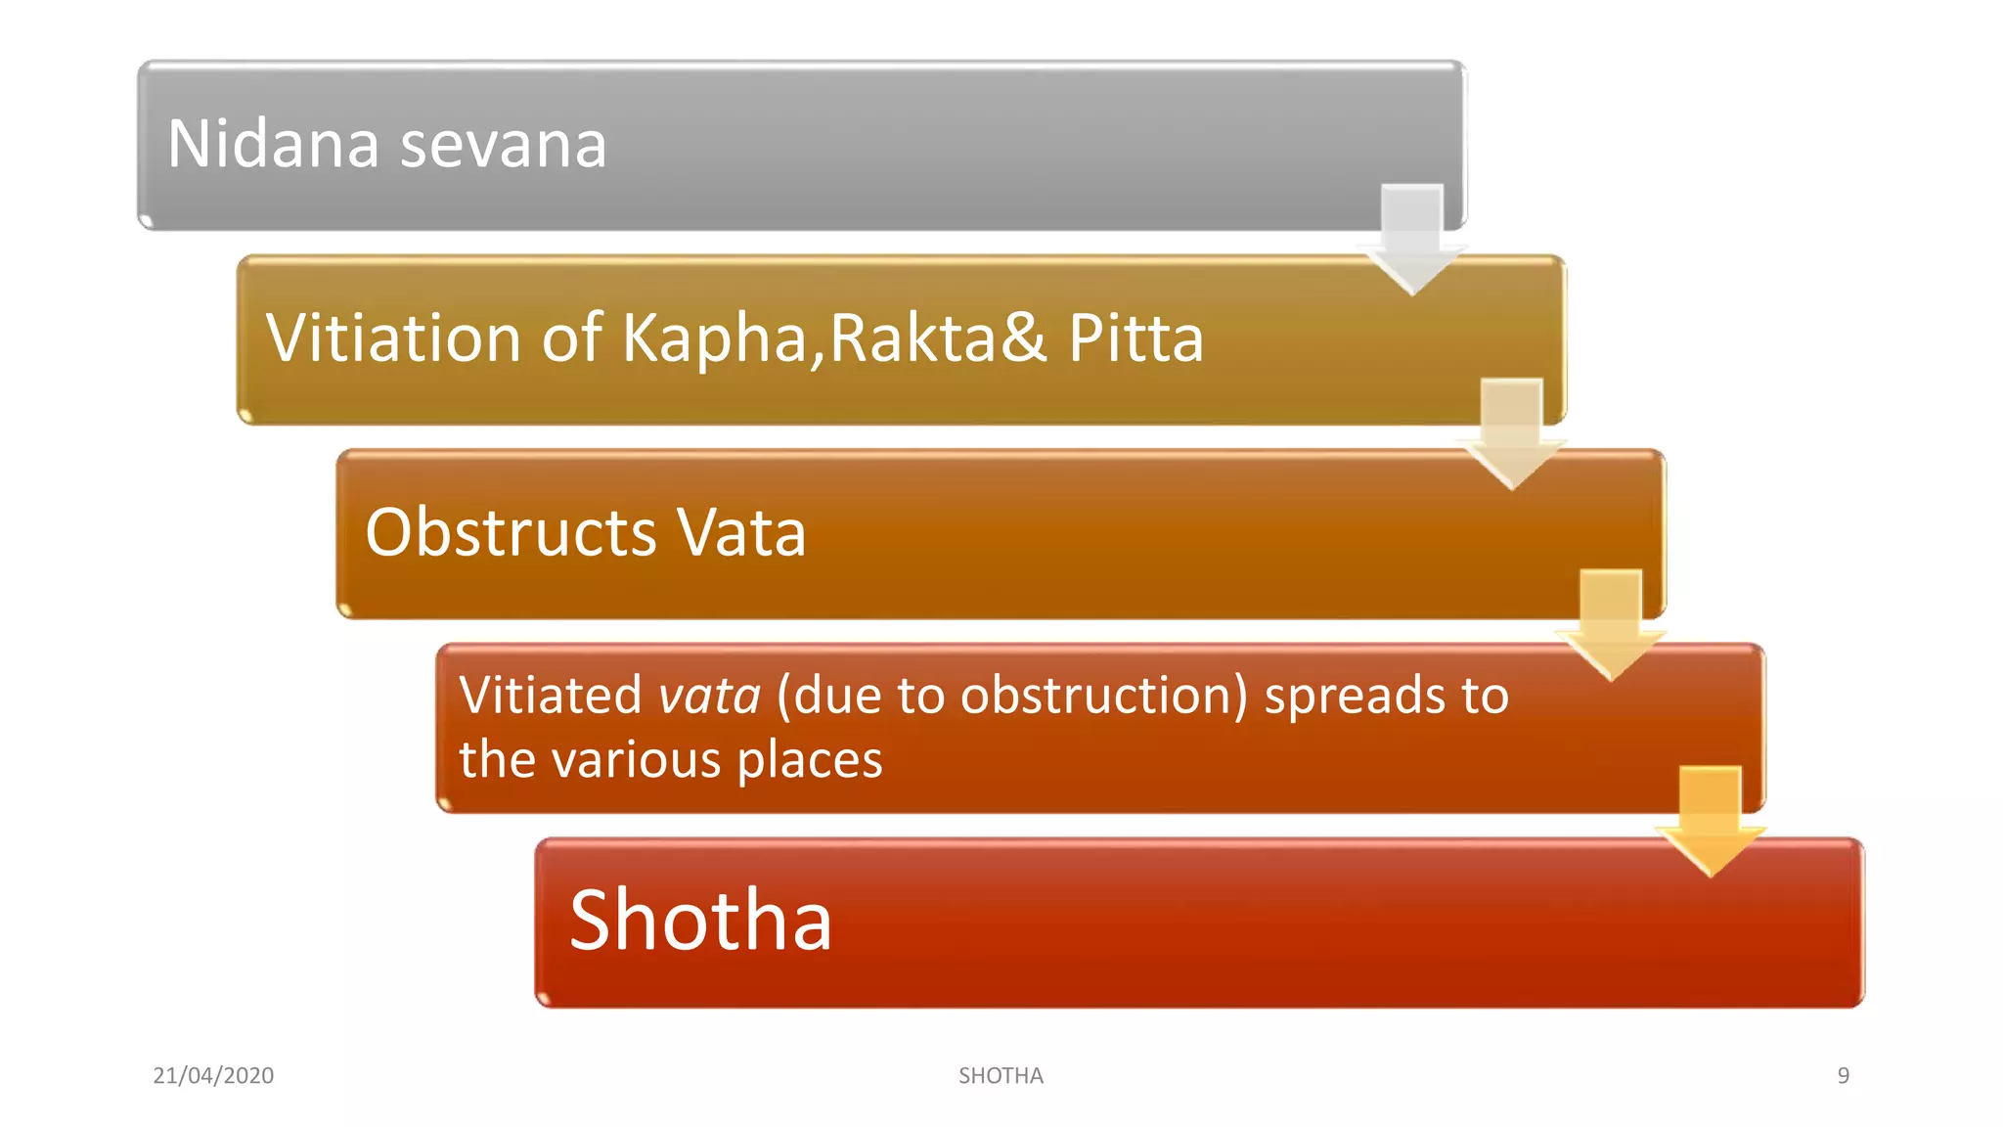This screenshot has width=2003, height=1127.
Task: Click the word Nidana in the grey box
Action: click(x=273, y=144)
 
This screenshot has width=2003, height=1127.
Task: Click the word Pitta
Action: click(x=1135, y=338)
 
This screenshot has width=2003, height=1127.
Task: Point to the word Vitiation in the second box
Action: click(x=393, y=338)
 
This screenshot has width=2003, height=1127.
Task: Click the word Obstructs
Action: click(x=511, y=533)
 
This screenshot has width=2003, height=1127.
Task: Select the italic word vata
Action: click(x=709, y=696)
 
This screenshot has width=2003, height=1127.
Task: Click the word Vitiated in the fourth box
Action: click(x=550, y=696)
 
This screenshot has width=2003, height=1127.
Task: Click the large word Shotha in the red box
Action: click(x=700, y=921)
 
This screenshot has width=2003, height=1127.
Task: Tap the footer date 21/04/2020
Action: click(x=213, y=1075)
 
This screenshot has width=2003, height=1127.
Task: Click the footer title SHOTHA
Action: click(x=1001, y=1075)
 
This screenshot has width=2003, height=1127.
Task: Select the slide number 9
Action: click(x=1843, y=1075)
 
